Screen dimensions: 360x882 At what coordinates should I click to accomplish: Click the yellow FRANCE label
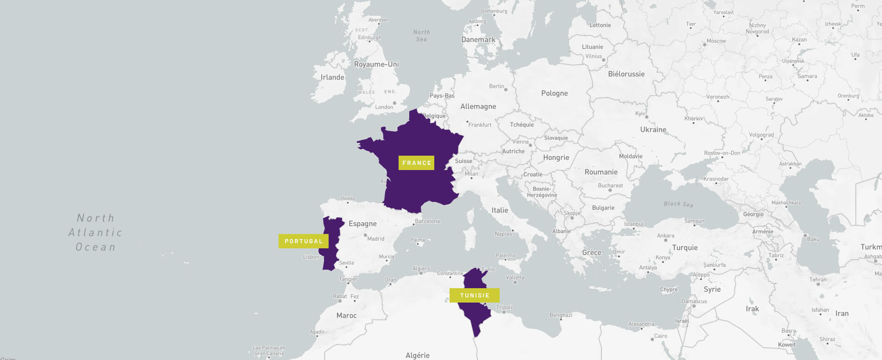(416, 163)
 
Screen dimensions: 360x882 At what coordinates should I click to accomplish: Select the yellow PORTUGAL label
(304, 241)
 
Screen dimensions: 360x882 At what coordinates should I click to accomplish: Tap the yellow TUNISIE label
(475, 295)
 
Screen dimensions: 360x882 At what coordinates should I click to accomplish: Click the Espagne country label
(362, 224)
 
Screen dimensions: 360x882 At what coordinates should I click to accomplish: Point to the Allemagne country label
(478, 107)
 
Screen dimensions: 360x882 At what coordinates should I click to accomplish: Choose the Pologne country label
(554, 93)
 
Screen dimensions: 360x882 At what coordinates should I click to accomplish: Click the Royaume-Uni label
(376, 64)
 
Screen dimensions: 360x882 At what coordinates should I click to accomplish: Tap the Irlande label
(332, 77)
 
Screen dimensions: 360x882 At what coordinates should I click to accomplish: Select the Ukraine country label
(653, 130)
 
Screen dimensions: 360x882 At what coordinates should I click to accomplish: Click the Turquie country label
(685, 247)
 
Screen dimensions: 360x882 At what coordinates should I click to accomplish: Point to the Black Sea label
(678, 204)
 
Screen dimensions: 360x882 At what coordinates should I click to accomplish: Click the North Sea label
(421, 36)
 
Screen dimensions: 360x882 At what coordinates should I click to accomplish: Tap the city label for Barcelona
(427, 221)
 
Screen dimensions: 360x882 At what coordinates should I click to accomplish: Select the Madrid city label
(375, 239)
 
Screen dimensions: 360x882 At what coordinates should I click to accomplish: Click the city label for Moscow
(716, 41)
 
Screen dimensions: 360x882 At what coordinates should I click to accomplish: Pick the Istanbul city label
(634, 224)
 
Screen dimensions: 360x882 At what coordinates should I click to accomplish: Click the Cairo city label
(660, 336)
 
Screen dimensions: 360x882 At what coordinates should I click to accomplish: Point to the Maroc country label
(346, 316)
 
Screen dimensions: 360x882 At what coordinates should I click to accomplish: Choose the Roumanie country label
(601, 172)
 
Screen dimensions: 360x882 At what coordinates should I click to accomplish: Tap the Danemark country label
(478, 39)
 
